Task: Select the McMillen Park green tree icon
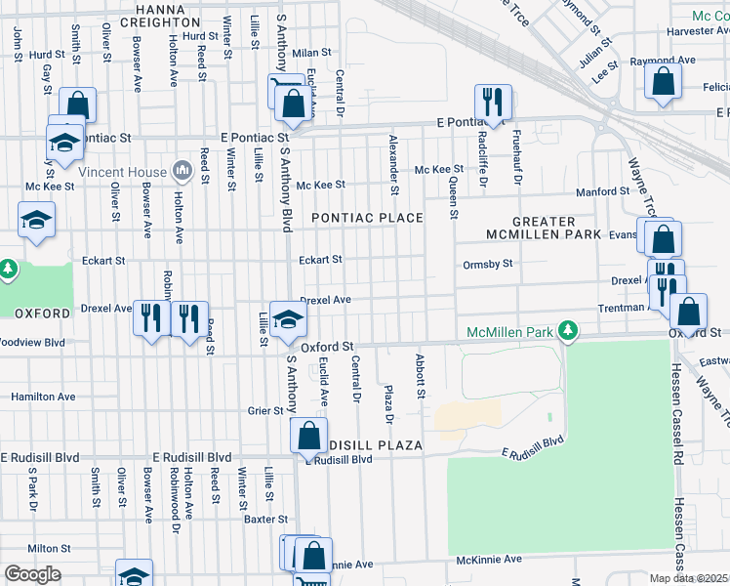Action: click(x=566, y=332)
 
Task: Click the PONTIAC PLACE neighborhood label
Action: click(x=367, y=218)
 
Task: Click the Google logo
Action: click(x=32, y=574)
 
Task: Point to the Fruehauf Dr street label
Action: click(x=516, y=158)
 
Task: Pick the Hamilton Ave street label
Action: click(x=43, y=398)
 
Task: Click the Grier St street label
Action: click(x=264, y=411)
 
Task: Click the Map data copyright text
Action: click(x=689, y=578)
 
